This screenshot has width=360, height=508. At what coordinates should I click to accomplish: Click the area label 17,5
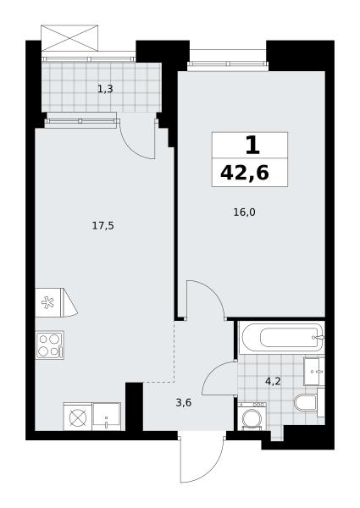[x=103, y=226]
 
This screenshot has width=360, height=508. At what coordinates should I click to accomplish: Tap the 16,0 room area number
[x=245, y=213]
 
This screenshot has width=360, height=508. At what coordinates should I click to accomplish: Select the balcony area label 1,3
[x=105, y=89]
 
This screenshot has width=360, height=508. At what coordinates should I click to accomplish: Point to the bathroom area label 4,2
[x=273, y=381]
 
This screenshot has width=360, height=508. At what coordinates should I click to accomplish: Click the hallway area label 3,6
[x=184, y=403]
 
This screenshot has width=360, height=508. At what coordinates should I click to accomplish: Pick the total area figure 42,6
[x=245, y=173]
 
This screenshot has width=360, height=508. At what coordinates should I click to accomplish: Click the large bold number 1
[x=252, y=146]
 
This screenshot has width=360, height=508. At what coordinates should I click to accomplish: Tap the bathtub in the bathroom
[x=281, y=338]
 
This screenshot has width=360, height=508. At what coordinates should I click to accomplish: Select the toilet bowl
[x=306, y=402]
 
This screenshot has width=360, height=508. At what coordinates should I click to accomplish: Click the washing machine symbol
[x=252, y=417]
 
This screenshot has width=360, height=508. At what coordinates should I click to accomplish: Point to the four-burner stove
[x=50, y=345]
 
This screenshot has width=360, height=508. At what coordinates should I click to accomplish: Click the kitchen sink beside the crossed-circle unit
[x=106, y=417]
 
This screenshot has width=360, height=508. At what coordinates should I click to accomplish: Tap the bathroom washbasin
[x=314, y=372]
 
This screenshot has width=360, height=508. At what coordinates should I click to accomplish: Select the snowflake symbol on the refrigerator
[x=47, y=302]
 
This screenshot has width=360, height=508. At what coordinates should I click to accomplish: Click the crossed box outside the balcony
[x=69, y=38]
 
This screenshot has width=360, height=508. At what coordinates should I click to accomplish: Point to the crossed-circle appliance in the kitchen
[x=77, y=417]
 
